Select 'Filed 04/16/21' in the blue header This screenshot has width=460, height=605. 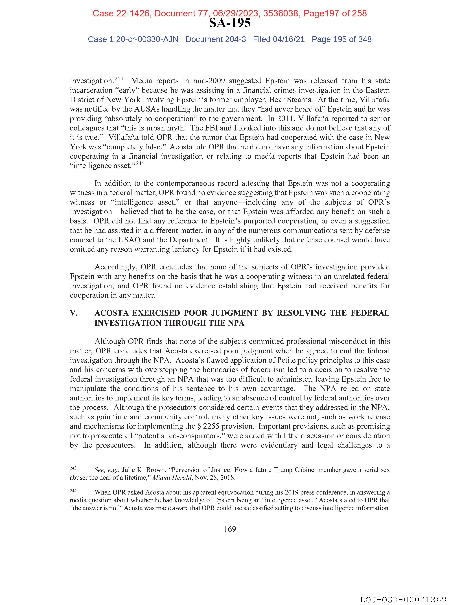(x=279, y=39)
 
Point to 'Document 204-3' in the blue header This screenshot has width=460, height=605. (x=216, y=39)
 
